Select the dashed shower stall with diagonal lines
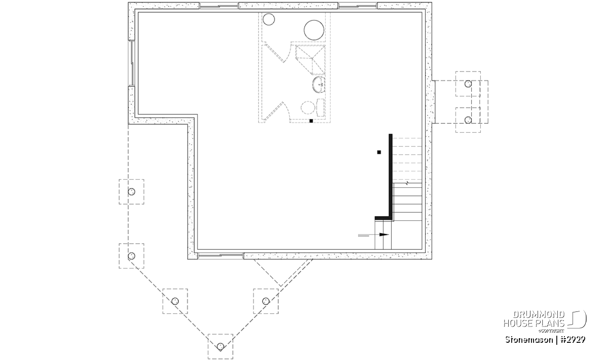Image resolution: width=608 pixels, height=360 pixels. (310, 60)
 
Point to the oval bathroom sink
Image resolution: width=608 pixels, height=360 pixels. (318, 85)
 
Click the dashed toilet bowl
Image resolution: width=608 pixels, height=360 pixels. (308, 107)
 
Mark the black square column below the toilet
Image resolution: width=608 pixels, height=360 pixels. (311, 121)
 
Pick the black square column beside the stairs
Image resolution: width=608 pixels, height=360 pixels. (379, 152)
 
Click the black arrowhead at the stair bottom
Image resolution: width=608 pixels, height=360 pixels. (384, 234)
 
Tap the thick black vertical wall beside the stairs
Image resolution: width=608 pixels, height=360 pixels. (391, 176)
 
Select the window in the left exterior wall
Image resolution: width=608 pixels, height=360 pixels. (132, 63)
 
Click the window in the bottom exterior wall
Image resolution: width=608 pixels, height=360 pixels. (220, 256)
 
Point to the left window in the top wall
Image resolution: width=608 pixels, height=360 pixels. (219, 6)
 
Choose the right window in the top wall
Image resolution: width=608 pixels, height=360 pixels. (358, 6)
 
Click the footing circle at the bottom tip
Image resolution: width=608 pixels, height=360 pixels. (220, 346)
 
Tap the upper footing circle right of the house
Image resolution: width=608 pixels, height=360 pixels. (468, 84)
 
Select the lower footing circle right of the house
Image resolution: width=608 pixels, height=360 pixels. (468, 120)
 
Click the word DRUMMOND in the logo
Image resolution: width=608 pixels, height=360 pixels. (539, 315)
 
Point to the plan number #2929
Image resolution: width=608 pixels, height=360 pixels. (572, 340)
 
